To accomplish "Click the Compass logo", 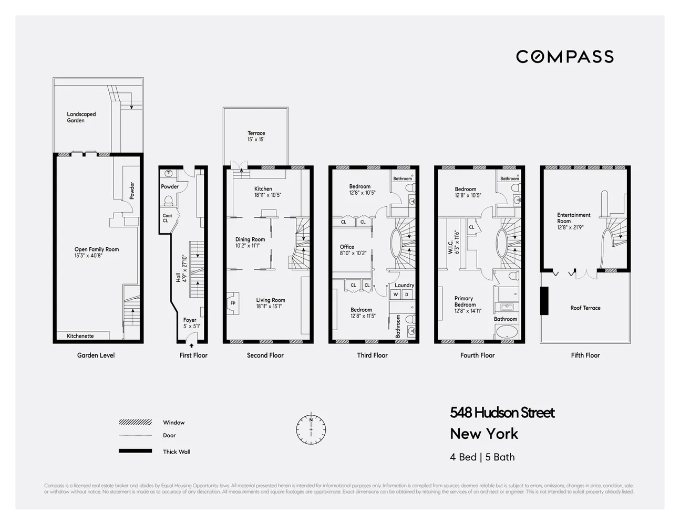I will tap(564, 56).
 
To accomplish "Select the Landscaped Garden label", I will tap(81, 117).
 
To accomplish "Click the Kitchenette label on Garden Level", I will tap(80, 336).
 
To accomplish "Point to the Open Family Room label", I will tap(97, 253).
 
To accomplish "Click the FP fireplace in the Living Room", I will tap(232, 303).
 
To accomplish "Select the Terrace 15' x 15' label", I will tap(256, 136).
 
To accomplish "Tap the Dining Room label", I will tap(250, 243).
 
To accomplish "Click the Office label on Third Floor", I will tap(347, 249).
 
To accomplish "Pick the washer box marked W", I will tap(396, 295).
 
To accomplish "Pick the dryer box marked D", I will tap(407, 295).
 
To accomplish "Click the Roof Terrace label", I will tap(585, 308).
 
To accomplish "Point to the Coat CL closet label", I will tap(167, 218).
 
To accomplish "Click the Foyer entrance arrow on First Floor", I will tap(191, 345).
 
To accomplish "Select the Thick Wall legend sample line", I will tap(135, 451).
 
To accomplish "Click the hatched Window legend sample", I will tap(135, 422).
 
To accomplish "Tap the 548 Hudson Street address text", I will tap(502, 413).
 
